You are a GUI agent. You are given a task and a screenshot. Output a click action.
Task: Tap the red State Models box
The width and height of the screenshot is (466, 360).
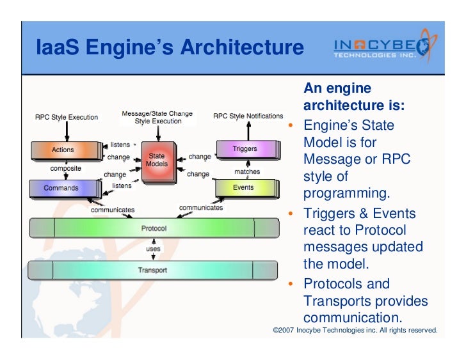[x=156, y=160]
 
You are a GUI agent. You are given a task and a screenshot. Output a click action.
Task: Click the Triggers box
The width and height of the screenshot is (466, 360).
[x=246, y=149]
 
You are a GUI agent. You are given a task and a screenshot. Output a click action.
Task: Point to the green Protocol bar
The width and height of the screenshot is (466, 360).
[x=154, y=228]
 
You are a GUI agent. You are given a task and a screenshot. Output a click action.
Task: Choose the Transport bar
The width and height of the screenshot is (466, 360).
[x=153, y=270]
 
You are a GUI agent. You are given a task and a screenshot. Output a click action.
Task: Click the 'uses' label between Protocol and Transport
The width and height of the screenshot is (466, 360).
[x=154, y=248]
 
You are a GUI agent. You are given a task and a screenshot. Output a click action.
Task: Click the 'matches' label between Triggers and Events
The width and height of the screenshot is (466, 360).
[x=246, y=171]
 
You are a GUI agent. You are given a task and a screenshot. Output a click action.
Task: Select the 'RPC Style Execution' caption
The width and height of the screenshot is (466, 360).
[x=66, y=117]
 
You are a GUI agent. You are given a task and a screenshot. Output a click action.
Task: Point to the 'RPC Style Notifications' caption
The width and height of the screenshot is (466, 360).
[x=248, y=116]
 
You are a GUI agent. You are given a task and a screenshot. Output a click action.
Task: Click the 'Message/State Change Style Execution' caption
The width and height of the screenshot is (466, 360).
[x=157, y=117]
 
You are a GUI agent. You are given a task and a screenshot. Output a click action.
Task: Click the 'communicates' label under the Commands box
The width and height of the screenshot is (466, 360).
[x=113, y=210]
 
